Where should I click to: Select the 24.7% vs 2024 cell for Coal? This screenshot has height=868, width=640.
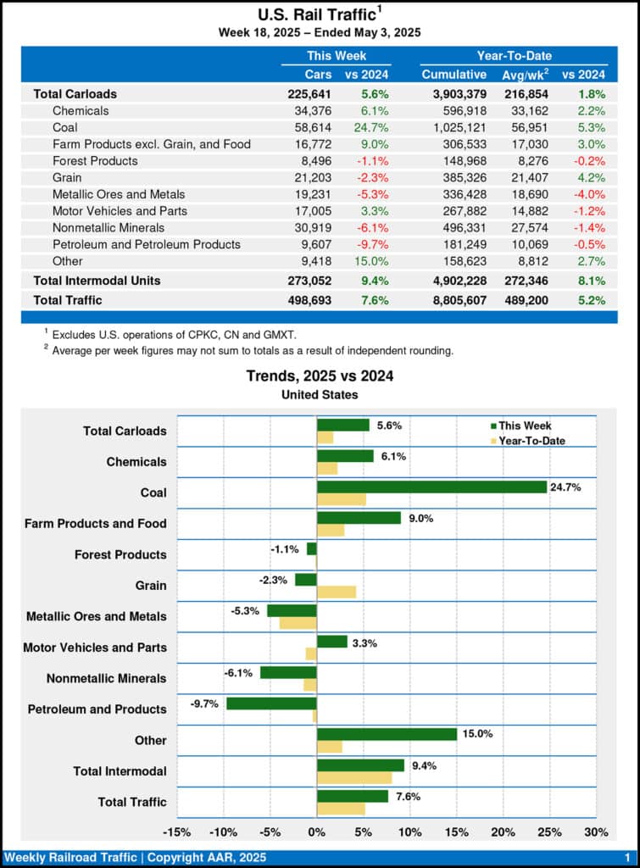coord(370,127)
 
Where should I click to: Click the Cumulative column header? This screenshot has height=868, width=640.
coord(454,75)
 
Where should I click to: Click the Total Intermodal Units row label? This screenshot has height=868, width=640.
coord(97,280)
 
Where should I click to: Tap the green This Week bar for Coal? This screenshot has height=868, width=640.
coord(431,487)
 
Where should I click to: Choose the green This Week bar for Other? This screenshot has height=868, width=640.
coord(387,734)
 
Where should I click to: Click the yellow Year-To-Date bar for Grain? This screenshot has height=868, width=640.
coord(337,592)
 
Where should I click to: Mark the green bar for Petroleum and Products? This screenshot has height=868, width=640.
coord(271,703)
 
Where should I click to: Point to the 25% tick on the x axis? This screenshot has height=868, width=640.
coord(549,832)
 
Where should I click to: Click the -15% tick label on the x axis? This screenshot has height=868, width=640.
coord(176,832)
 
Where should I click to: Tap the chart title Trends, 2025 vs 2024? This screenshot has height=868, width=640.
coord(320,376)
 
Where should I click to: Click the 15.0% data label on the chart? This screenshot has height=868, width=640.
coord(476,734)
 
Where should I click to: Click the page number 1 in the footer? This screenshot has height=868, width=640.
coord(626,858)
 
